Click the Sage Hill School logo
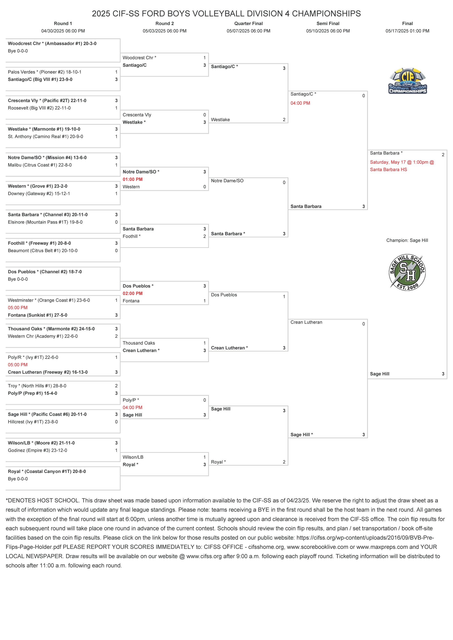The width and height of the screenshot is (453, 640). pyautogui.click(x=407, y=272)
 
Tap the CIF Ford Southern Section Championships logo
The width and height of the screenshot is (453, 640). pyautogui.click(x=408, y=81)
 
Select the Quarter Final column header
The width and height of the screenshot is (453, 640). pyautogui.click(x=248, y=23)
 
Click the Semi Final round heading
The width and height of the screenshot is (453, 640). pyautogui.click(x=328, y=23)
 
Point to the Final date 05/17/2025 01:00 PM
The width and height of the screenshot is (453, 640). pyautogui.click(x=407, y=31)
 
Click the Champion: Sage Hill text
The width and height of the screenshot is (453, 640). pyautogui.click(x=407, y=240)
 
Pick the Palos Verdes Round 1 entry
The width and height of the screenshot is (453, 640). pyautogui.click(x=45, y=72)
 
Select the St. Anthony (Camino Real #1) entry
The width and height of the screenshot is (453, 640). pyautogui.click(x=45, y=137)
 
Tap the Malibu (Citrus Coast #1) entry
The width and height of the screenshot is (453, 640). pyautogui.click(x=40, y=165)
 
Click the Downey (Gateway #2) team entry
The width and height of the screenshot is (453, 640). pyautogui.click(x=39, y=194)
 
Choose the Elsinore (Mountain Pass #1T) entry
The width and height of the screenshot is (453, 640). pyautogui.click(x=45, y=222)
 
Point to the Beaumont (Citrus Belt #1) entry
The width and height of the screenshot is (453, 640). pyautogui.click(x=43, y=251)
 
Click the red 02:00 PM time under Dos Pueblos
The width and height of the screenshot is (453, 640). pyautogui.click(x=132, y=293)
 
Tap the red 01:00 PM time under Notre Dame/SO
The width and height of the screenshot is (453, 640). pyautogui.click(x=132, y=179)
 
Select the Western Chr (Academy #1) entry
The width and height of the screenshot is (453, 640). pyautogui.click(x=43, y=336)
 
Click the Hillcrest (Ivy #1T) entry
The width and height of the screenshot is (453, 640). pyautogui.click(x=33, y=422)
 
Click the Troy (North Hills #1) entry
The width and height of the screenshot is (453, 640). pyautogui.click(x=37, y=386)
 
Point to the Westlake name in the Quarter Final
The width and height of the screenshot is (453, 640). pyautogui.click(x=220, y=120)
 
